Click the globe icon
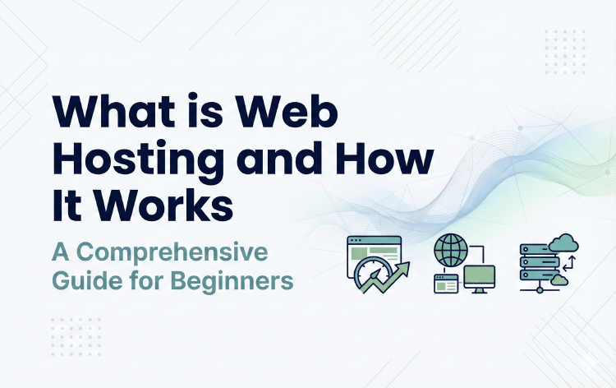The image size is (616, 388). [x=451, y=249]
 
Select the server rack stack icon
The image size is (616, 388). [x=535, y=264]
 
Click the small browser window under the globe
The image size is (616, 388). [x=444, y=284]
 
